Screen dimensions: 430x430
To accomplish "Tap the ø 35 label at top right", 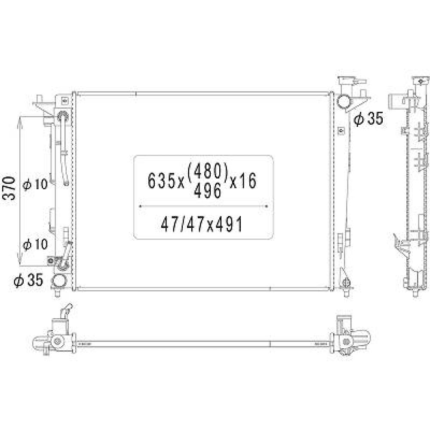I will coord(368,119).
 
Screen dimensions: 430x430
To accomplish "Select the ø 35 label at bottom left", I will coord(28,281).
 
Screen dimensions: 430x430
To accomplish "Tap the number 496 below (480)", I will coord(208,190).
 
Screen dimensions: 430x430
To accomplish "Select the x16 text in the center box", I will coord(243,181).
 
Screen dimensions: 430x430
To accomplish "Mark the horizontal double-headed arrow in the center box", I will coord(204,206).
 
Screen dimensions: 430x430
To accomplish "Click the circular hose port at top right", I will coord(344,102).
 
